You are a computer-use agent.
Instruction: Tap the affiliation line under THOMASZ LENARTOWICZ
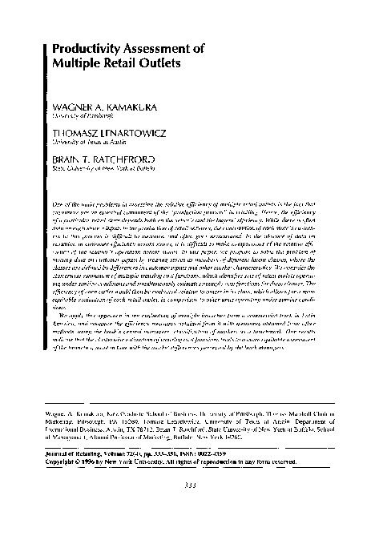pos(86,141)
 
